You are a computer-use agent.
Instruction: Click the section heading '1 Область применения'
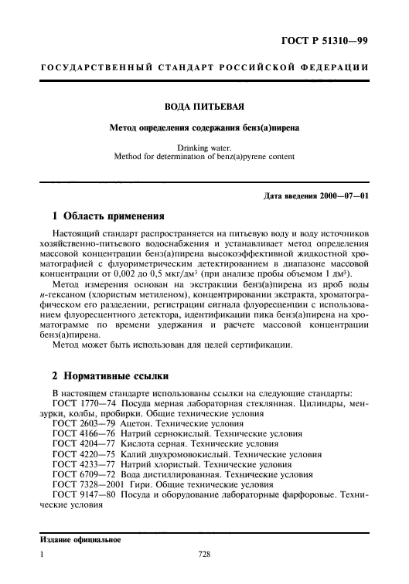tap(103, 216)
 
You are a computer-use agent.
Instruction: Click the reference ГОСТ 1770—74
tap(84, 405)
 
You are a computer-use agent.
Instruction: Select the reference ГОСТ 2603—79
tap(84, 425)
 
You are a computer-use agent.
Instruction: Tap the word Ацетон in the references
tap(138, 425)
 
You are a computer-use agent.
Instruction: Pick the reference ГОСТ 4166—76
tap(84, 435)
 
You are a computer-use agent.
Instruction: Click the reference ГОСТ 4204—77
tap(84, 445)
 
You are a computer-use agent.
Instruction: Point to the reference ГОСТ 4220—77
tap(84, 455)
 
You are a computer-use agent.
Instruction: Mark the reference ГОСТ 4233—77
tap(84, 465)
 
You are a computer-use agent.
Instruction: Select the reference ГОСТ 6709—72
tap(84, 475)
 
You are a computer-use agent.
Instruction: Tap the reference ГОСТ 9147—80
tap(84, 495)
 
